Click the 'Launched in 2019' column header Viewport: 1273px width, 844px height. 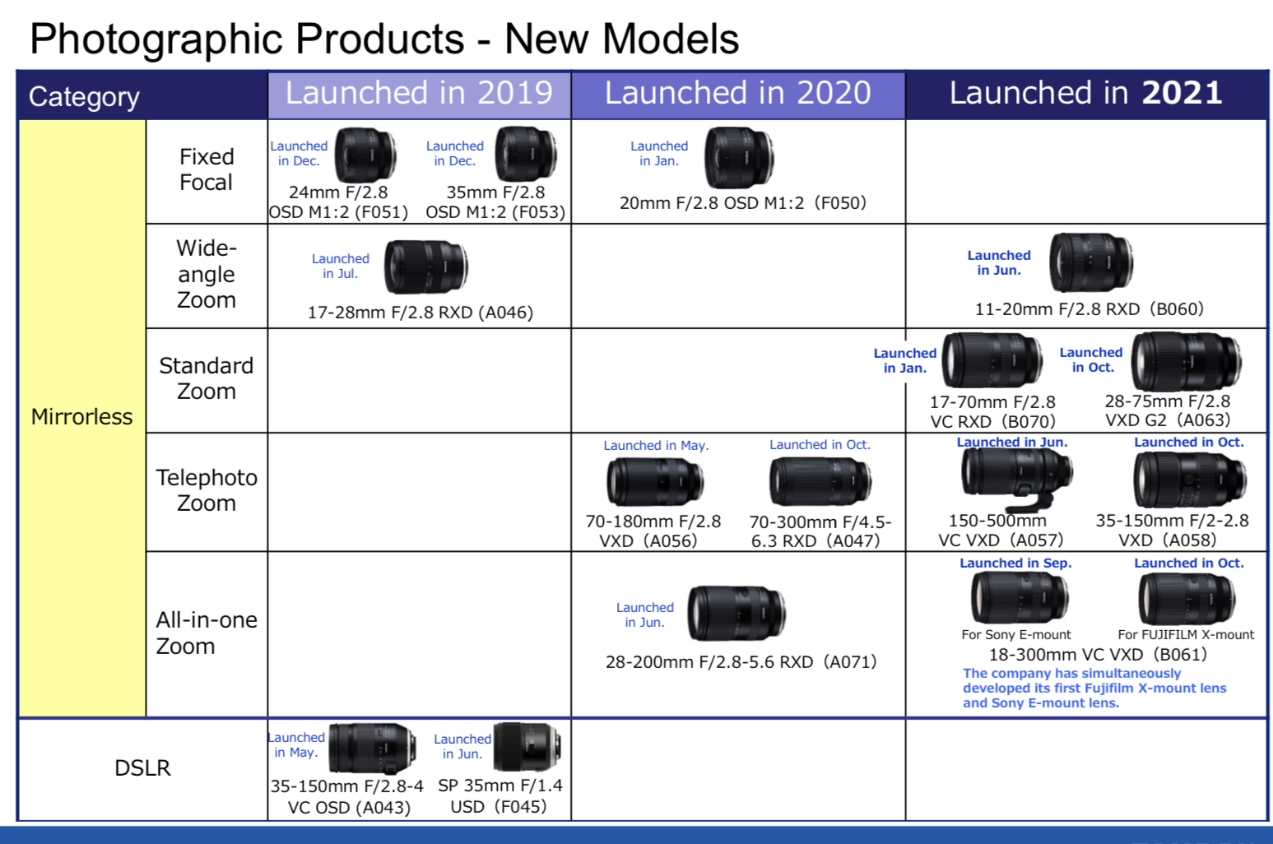click(x=419, y=94)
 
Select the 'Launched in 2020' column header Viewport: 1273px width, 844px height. click(x=737, y=94)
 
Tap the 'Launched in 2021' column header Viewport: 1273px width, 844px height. click(x=1085, y=94)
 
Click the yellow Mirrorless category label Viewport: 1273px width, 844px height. click(x=81, y=417)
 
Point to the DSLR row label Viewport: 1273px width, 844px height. click(x=142, y=768)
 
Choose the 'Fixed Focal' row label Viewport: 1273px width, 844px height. click(x=207, y=169)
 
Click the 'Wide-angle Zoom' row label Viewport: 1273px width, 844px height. click(x=207, y=274)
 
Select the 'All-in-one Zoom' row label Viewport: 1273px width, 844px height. click(x=207, y=633)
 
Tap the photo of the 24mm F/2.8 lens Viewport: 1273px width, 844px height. click(x=365, y=155)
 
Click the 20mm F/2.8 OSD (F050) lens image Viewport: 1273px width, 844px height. click(x=738, y=156)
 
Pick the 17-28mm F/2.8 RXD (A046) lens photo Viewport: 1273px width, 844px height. click(x=425, y=267)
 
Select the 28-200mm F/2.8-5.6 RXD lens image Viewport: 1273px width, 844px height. click(x=736, y=614)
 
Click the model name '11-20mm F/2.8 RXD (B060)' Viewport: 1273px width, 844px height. click(x=1089, y=309)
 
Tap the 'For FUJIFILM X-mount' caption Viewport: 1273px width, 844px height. click(x=1186, y=635)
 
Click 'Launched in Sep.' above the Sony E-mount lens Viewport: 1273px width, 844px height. click(x=1015, y=563)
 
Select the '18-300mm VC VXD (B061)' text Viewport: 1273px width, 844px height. click(x=1098, y=655)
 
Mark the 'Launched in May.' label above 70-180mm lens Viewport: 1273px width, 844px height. click(x=656, y=446)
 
